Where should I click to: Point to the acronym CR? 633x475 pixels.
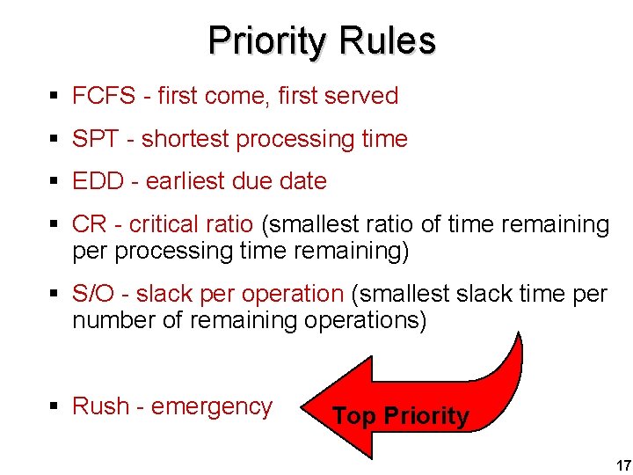click(x=90, y=225)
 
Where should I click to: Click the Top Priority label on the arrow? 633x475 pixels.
click(x=401, y=416)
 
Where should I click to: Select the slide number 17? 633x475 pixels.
click(x=623, y=464)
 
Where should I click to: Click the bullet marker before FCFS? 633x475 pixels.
click(x=55, y=97)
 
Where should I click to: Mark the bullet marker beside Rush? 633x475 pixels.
click(x=55, y=407)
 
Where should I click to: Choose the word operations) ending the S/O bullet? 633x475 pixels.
click(x=365, y=320)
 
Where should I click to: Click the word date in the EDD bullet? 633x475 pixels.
click(x=303, y=182)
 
